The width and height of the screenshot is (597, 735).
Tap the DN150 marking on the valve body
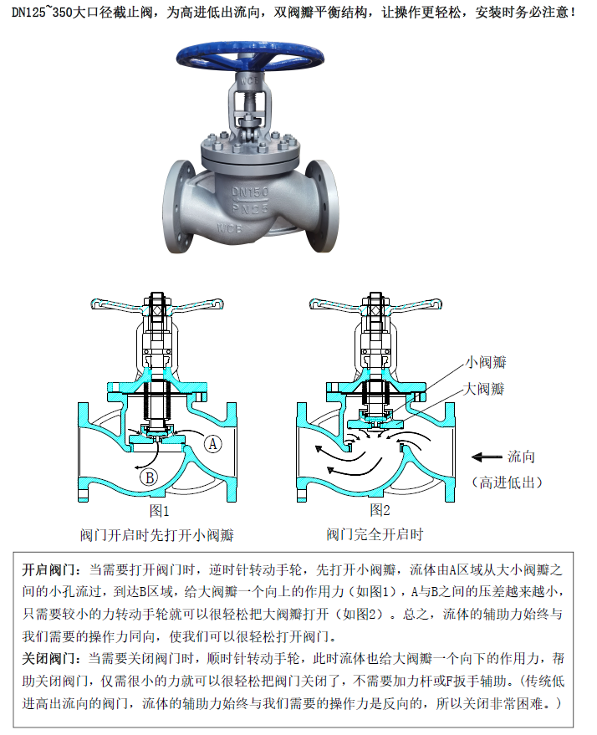(x=250, y=191)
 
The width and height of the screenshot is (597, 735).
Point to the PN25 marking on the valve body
(x=250, y=208)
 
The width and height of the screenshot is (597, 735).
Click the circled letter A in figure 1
(x=212, y=443)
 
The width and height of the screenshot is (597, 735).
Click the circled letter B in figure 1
(x=149, y=477)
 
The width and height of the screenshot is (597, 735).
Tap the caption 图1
(x=160, y=510)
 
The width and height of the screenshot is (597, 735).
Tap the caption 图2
(x=380, y=509)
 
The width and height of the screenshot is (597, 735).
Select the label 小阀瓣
(x=486, y=362)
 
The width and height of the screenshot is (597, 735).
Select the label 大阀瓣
(x=483, y=389)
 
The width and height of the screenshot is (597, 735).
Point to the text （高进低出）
(x=507, y=482)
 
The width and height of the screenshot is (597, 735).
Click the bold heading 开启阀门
(x=48, y=569)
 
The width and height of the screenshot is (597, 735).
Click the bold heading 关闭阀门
(x=48, y=658)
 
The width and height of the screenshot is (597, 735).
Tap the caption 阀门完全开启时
(x=375, y=534)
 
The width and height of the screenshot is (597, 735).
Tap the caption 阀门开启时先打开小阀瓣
(x=156, y=535)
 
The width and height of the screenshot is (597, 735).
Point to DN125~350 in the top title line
(x=42, y=12)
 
